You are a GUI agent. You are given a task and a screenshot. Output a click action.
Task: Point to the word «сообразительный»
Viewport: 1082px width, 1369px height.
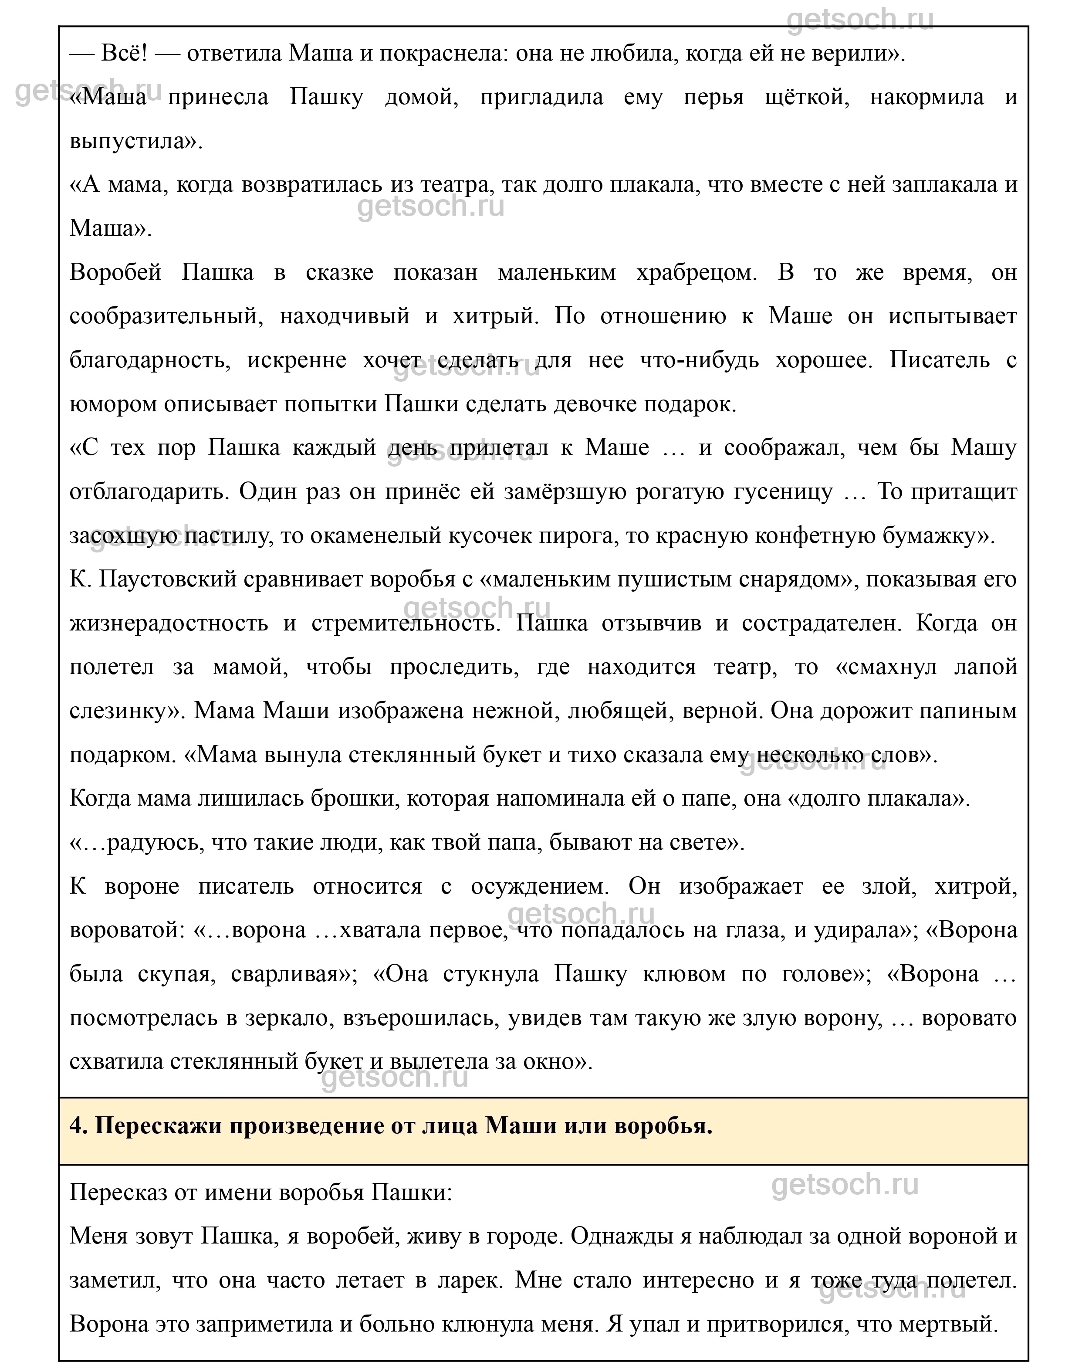[x=166, y=316]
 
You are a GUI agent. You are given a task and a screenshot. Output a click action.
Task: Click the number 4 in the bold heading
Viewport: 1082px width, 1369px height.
[x=76, y=1126]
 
